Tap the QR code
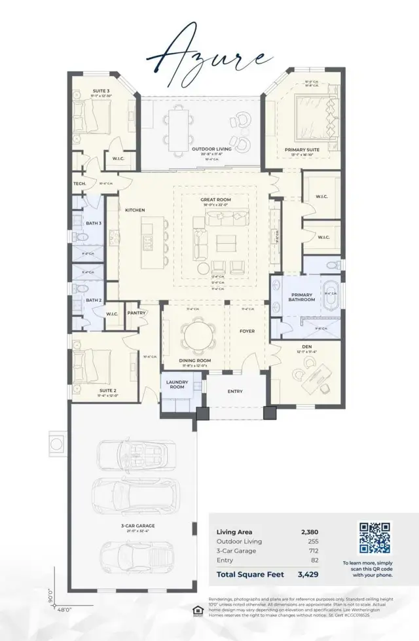tap(375, 538)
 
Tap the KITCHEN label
tap(136, 210)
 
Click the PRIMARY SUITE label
tap(302, 150)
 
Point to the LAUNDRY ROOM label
tap(177, 384)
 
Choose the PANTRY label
tap(136, 313)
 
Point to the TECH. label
tap(80, 183)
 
